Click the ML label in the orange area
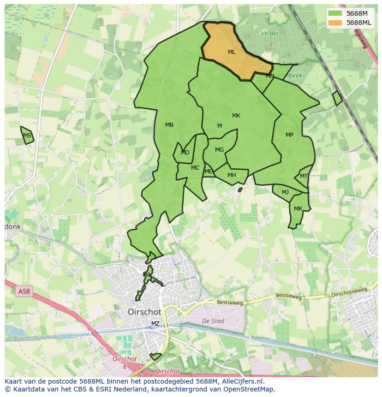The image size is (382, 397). coord(232,52)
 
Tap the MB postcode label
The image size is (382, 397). coord(169,125)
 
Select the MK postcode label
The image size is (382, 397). coord(236,116)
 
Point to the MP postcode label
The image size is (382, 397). coord(289,135)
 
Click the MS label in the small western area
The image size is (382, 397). coord(27,136)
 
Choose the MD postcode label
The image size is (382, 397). coord(185,153)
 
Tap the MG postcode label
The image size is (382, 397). coord(219,150)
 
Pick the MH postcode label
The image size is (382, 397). coord(232,175)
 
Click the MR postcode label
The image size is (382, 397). coord(298,209)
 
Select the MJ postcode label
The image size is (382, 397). coord(286,192)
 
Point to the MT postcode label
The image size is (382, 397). coord(304,176)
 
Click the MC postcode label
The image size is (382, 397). coord(195,168)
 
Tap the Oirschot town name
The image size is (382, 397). coord(144,312)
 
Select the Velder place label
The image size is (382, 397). coord(270,33)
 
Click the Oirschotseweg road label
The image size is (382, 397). coord(349,292)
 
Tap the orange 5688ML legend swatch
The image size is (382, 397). coord(335,23)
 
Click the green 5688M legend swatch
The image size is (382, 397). coord(335,13)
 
